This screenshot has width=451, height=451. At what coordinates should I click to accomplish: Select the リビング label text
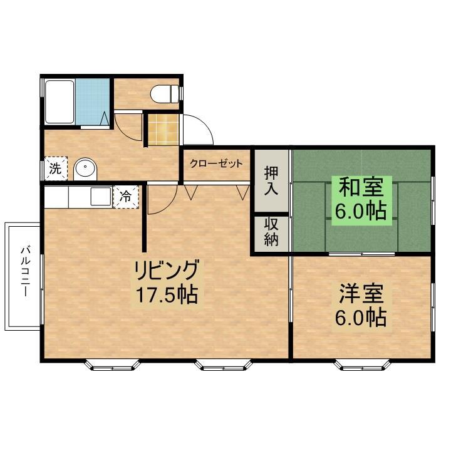click(x=165, y=271)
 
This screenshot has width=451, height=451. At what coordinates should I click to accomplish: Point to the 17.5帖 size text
click(x=165, y=294)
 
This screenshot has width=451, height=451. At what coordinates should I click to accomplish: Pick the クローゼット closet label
click(x=216, y=164)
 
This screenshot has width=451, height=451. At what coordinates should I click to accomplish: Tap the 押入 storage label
click(x=271, y=180)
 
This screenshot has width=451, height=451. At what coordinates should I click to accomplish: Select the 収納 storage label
click(x=271, y=232)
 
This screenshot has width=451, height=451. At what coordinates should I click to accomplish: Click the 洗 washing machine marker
click(x=55, y=168)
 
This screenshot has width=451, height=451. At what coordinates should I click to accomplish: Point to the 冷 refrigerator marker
click(x=126, y=195)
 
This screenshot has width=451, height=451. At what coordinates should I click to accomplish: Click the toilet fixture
click(x=165, y=94)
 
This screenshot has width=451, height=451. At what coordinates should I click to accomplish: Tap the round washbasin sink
click(x=85, y=168)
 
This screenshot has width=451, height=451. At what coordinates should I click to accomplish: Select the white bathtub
click(x=59, y=103)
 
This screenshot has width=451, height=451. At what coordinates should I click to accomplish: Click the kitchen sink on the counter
click(x=100, y=197)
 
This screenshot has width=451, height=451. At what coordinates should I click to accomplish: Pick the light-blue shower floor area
click(x=91, y=102)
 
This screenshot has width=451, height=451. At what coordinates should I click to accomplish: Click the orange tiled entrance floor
click(x=162, y=128)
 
